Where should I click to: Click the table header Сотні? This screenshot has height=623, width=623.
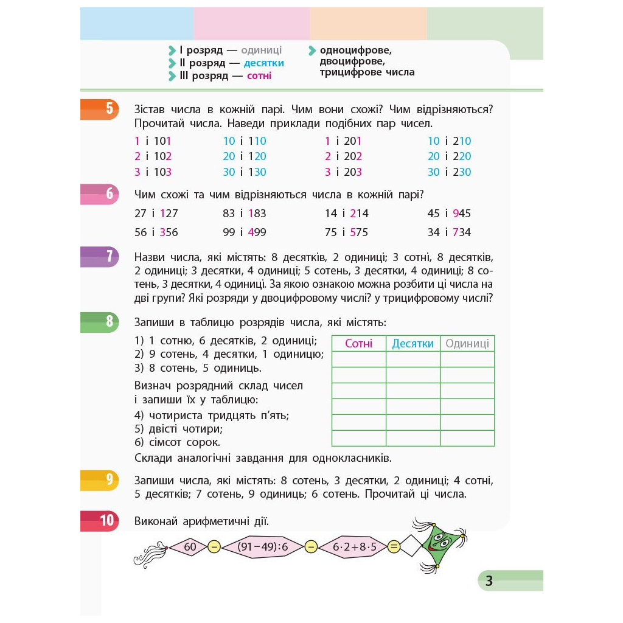coord(358,344)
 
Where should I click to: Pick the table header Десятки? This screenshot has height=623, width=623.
coord(412,344)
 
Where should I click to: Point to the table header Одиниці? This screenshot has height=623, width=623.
coord(467,344)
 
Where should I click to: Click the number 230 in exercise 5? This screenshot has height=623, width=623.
coord(462,172)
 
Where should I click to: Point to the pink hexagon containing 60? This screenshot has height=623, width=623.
coord(190,546)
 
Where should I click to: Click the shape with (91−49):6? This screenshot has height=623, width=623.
coord(262,546)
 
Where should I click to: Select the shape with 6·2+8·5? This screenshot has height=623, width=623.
coord(355,546)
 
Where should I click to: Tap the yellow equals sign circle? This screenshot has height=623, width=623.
coord(394,546)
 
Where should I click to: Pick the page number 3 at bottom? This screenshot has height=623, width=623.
coord(489,581)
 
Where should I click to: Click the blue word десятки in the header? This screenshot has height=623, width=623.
coord(263,63)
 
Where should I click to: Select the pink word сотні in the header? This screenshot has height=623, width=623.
coord(259,76)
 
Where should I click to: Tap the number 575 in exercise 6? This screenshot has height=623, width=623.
coord(358,232)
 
